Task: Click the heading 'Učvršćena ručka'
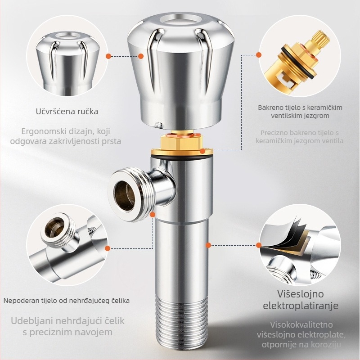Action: pyautogui.click(x=67, y=111)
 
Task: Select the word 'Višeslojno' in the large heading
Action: pyautogui.click(x=300, y=294)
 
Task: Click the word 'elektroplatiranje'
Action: pyautogui.click(x=300, y=306)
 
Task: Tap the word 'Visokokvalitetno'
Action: pyautogui.click(x=301, y=324)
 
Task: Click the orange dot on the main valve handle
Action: pyautogui.click(x=141, y=56)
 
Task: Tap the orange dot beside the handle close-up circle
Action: pyautogui.click(x=109, y=56)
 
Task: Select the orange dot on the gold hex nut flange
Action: pyautogui.click(x=202, y=151)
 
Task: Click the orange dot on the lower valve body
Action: pyautogui.click(x=208, y=245)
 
